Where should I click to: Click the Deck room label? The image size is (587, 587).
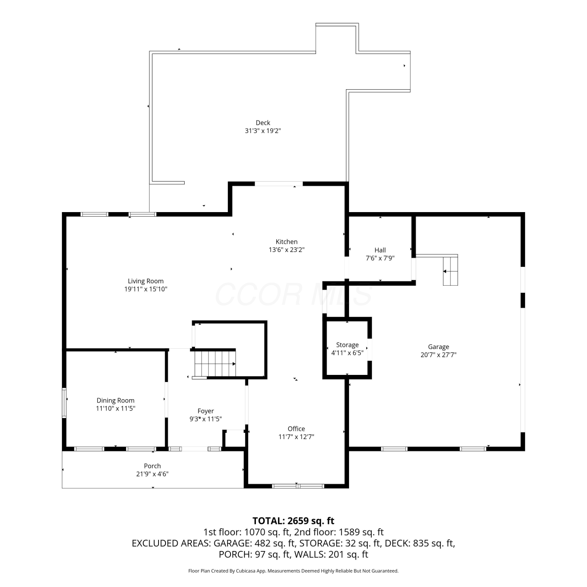[263, 123]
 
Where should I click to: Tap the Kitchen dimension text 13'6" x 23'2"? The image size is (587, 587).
[286, 250]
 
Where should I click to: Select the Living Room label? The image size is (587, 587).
[146, 281]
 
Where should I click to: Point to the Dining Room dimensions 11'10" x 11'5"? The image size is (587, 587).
[115, 409]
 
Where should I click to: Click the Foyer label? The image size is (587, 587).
[205, 411]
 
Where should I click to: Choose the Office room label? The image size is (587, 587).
[296, 429]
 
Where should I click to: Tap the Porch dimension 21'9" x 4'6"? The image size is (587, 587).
[152, 474]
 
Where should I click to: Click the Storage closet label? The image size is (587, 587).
[348, 345]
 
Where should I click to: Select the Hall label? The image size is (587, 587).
[380, 250]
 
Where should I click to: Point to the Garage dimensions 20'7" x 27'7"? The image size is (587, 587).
[438, 355]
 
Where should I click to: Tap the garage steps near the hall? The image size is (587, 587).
[450, 271]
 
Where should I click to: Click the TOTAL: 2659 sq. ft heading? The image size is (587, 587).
[293, 521]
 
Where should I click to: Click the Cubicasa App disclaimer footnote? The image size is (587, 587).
[293, 571]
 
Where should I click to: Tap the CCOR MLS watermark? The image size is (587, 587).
[293, 294]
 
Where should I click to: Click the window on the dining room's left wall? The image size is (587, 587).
[65, 403]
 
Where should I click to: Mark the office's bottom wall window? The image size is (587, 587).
[298, 486]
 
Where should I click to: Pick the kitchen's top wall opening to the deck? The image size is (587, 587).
[279, 184]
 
